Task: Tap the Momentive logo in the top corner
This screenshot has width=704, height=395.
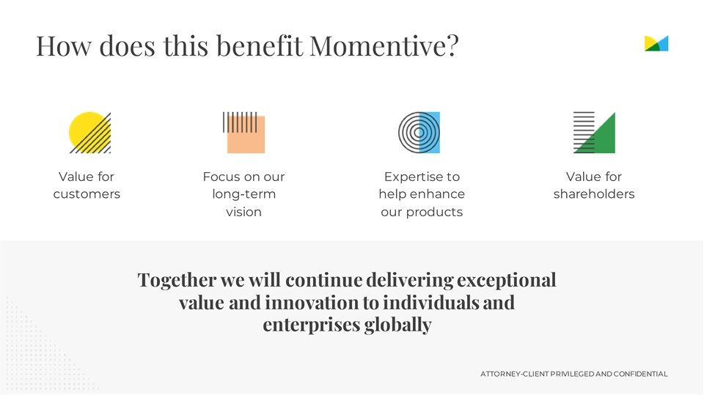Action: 656,43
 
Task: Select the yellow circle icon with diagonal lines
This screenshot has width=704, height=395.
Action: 89,133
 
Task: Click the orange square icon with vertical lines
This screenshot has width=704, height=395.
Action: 243,133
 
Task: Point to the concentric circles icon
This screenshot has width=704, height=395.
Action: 419,133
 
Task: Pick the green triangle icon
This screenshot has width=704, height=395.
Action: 594,133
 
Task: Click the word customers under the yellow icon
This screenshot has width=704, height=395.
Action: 87,194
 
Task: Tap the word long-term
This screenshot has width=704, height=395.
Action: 243,194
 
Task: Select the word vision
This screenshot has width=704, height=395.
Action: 243,212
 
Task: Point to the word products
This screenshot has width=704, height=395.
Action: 434,213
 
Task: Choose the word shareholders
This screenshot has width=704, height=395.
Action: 594,194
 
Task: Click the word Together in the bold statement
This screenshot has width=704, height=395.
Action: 177,281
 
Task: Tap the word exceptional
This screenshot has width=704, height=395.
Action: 507,281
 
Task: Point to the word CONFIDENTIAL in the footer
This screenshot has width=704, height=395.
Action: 641,374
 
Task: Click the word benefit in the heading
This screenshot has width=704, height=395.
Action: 260,45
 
